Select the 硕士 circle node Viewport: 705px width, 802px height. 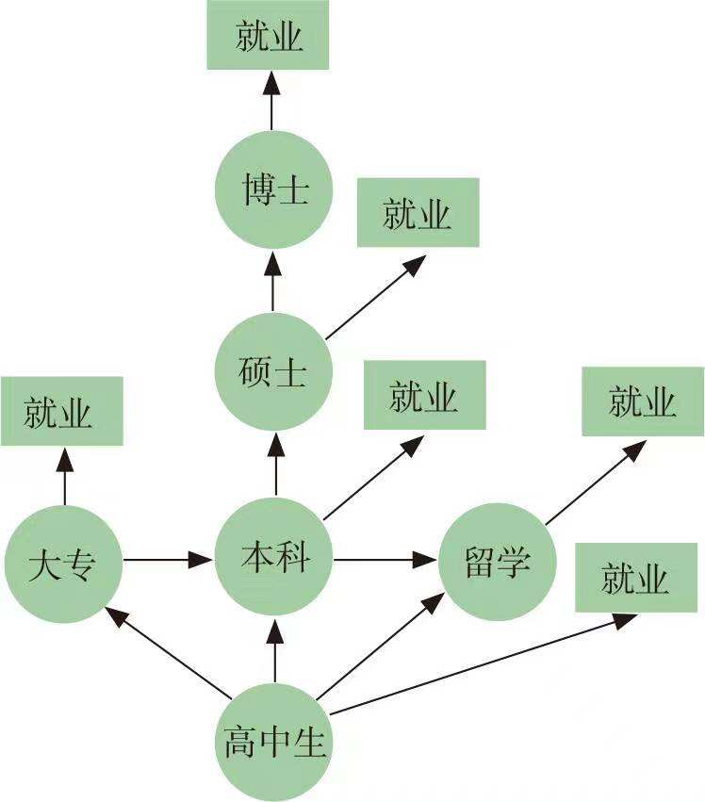(x=272, y=371)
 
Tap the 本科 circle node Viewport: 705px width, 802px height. (x=274, y=560)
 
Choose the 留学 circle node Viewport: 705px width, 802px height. (x=497, y=562)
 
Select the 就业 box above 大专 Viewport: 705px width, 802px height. (x=61, y=412)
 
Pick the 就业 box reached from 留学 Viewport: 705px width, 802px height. (x=643, y=402)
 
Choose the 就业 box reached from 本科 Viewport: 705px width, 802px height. (x=424, y=396)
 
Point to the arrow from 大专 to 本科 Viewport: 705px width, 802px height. (x=166, y=560)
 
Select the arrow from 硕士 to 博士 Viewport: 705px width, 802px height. (x=272, y=280)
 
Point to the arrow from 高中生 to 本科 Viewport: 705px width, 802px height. (x=275, y=650)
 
